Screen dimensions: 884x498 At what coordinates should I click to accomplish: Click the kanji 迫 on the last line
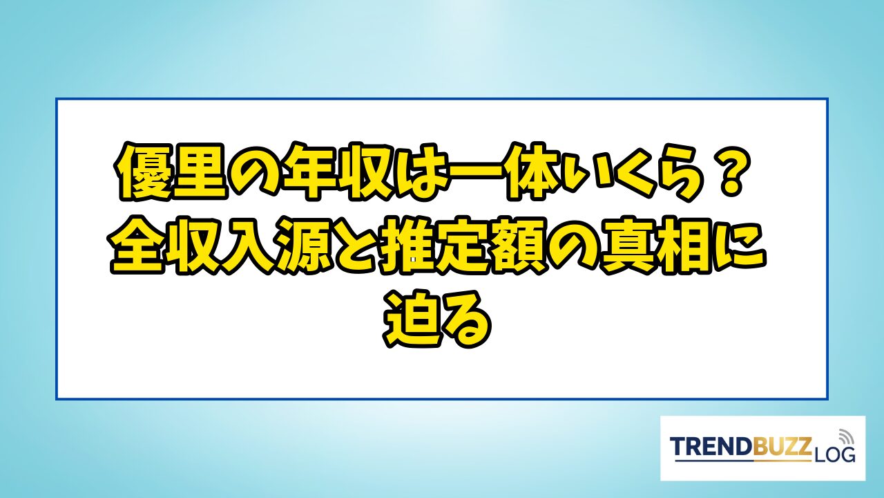coord(413,318)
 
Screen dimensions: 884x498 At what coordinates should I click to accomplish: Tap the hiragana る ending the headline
coord(466,318)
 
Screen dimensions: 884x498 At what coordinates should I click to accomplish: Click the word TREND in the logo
coord(711,447)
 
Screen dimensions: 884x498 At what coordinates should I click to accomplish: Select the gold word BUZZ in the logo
coord(782,447)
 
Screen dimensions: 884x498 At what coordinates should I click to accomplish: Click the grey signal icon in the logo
coord(846,436)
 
